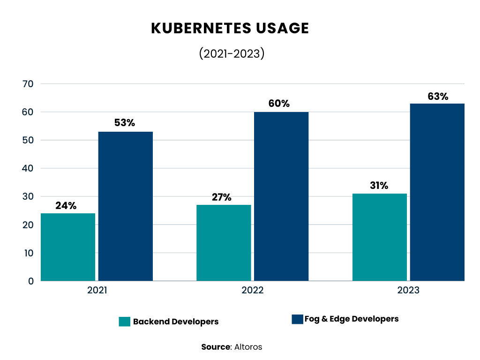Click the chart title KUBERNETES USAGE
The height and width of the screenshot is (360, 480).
tap(230, 28)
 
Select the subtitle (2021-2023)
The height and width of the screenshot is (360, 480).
tap(232, 53)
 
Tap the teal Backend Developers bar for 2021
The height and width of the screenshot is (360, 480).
tap(68, 247)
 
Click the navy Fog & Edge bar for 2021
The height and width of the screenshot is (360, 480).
tap(125, 206)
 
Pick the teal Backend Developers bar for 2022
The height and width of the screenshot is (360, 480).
tap(224, 243)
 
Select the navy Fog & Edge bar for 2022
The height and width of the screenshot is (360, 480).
tap(281, 196)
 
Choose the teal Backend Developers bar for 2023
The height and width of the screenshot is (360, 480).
tap(379, 237)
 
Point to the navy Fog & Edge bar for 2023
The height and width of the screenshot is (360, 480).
tap(437, 192)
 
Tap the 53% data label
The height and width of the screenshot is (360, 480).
tap(125, 123)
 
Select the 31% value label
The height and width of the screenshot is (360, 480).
tap(379, 186)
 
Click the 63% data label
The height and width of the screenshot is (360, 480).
tap(438, 97)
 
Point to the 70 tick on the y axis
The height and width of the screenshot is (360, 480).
tap(28, 84)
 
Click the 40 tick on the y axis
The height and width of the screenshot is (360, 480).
tap(28, 168)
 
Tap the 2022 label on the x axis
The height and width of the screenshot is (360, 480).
tap(253, 290)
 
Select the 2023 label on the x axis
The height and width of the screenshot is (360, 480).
tap(408, 290)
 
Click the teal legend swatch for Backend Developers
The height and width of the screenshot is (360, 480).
tap(124, 322)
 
